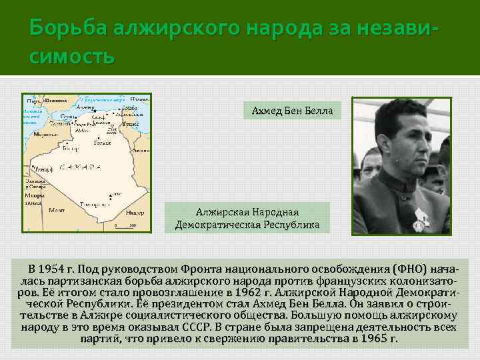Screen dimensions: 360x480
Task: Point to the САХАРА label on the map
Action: [80, 167]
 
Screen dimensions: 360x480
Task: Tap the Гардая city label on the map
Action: [101, 142]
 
